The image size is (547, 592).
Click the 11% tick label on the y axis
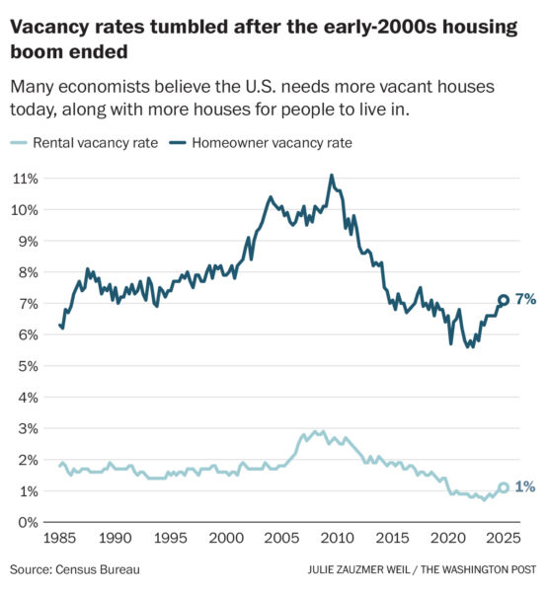27,179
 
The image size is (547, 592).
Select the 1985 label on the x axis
61,540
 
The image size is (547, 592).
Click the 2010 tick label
337,540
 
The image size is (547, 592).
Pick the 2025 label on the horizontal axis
503,540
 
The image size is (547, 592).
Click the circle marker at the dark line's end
504,300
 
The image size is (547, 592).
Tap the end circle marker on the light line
504,487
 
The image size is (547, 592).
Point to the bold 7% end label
524,300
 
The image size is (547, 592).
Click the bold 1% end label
524,487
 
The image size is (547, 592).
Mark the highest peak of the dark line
331,176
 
